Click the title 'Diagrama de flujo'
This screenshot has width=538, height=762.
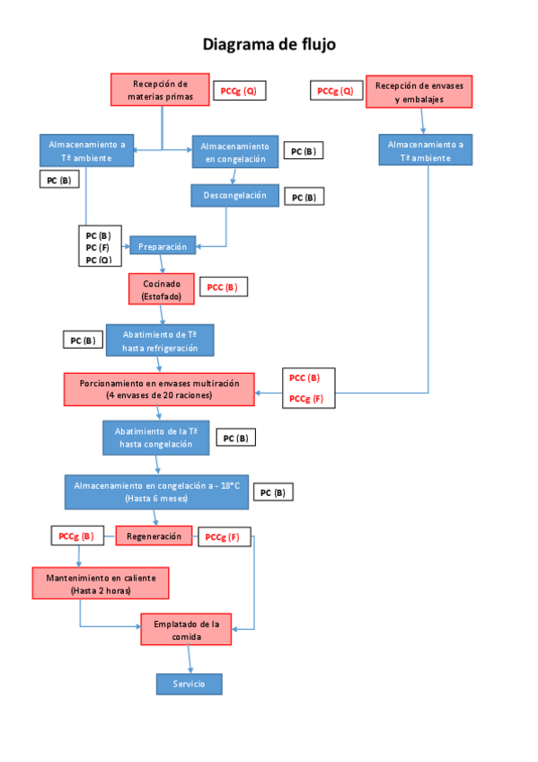point(269,44)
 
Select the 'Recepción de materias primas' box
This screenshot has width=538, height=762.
point(160,90)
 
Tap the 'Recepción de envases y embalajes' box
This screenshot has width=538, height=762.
point(419,92)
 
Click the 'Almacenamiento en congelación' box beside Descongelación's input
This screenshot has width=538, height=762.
point(234,152)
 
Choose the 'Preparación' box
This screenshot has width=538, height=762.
point(163,246)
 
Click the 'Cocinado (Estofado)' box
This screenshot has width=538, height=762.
point(161,288)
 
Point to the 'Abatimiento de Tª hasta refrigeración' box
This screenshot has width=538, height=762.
point(160,340)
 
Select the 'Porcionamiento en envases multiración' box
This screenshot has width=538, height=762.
point(159,388)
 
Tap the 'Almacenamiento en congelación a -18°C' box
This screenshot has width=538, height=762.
point(156,492)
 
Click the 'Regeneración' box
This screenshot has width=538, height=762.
point(154,536)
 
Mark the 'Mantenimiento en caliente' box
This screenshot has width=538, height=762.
point(101,584)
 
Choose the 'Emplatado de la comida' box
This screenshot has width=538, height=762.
point(186,629)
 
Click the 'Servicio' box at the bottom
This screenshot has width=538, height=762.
point(188,684)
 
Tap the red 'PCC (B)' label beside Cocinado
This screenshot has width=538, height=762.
point(222,288)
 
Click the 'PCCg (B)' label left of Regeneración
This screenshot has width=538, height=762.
point(76,536)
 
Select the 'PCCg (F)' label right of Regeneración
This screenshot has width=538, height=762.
point(222,537)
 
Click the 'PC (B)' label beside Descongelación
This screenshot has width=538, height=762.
point(304,196)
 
